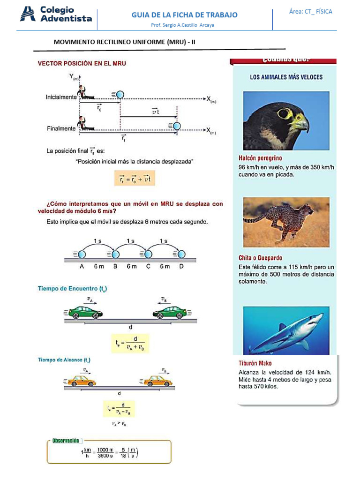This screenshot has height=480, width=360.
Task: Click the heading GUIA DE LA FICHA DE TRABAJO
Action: point(184,15)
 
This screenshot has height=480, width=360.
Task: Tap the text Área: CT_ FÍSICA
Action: point(310,12)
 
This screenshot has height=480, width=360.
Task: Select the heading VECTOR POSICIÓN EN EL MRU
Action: point(82,63)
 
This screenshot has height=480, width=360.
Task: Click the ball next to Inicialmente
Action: point(120,95)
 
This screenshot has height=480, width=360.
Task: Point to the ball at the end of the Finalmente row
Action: point(176,126)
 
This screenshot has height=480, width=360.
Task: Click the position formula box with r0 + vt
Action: point(135,178)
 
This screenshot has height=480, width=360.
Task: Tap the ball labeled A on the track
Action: point(82,254)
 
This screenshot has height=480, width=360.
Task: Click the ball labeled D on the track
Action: point(181,254)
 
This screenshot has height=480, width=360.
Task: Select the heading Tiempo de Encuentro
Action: point(72,289)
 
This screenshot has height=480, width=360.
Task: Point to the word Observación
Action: point(66,441)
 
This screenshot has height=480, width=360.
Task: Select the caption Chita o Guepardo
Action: point(260,258)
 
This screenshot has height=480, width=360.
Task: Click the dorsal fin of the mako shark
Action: point(283,327)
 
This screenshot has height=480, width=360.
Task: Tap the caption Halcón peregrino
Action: point(261,158)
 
